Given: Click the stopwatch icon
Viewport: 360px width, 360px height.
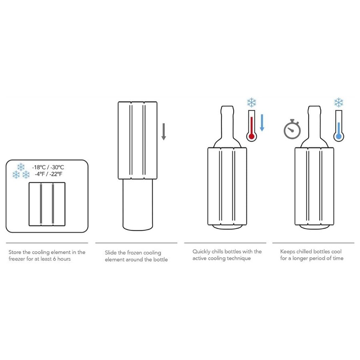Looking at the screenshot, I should click(292, 129).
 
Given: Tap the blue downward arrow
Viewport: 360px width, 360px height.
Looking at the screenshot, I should click(262, 122).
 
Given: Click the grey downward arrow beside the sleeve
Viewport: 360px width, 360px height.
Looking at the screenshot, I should click(164, 132).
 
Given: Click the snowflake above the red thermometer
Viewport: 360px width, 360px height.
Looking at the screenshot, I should click(252, 103).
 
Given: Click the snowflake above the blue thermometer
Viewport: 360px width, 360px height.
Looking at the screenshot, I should click(339, 103).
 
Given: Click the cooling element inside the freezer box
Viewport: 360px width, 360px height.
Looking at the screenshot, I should click(47, 204).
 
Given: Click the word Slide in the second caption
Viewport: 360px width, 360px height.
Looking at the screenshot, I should click(111, 253).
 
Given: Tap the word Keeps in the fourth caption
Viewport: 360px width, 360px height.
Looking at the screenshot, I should click(288, 252).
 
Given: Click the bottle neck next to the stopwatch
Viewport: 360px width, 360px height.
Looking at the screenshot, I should click(314, 120).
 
